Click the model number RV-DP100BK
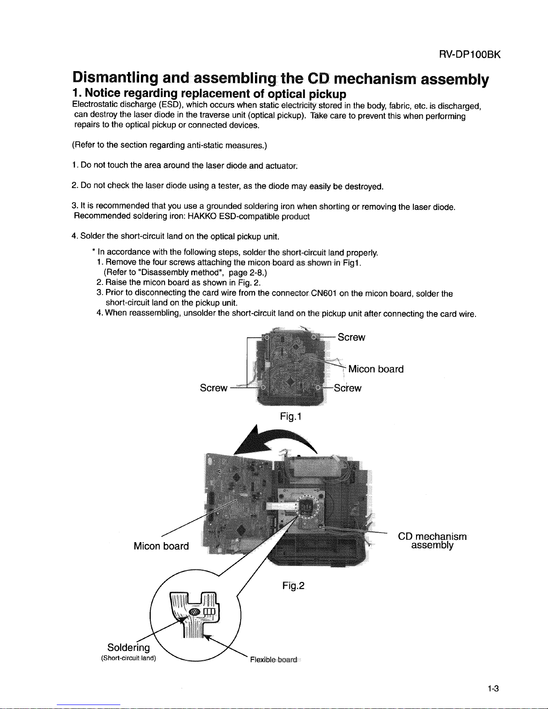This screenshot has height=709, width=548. coord(469,55)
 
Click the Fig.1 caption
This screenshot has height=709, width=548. coord(291,417)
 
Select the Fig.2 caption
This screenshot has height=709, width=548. coord(293,586)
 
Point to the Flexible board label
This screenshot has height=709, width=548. coord(274,660)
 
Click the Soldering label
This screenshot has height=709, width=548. coord(129,648)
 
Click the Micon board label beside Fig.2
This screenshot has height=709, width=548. coord(161,546)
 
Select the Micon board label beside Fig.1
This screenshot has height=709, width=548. coord(376,369)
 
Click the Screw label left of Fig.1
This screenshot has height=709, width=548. coord(213,388)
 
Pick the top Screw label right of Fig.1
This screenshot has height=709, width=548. coord(351,337)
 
